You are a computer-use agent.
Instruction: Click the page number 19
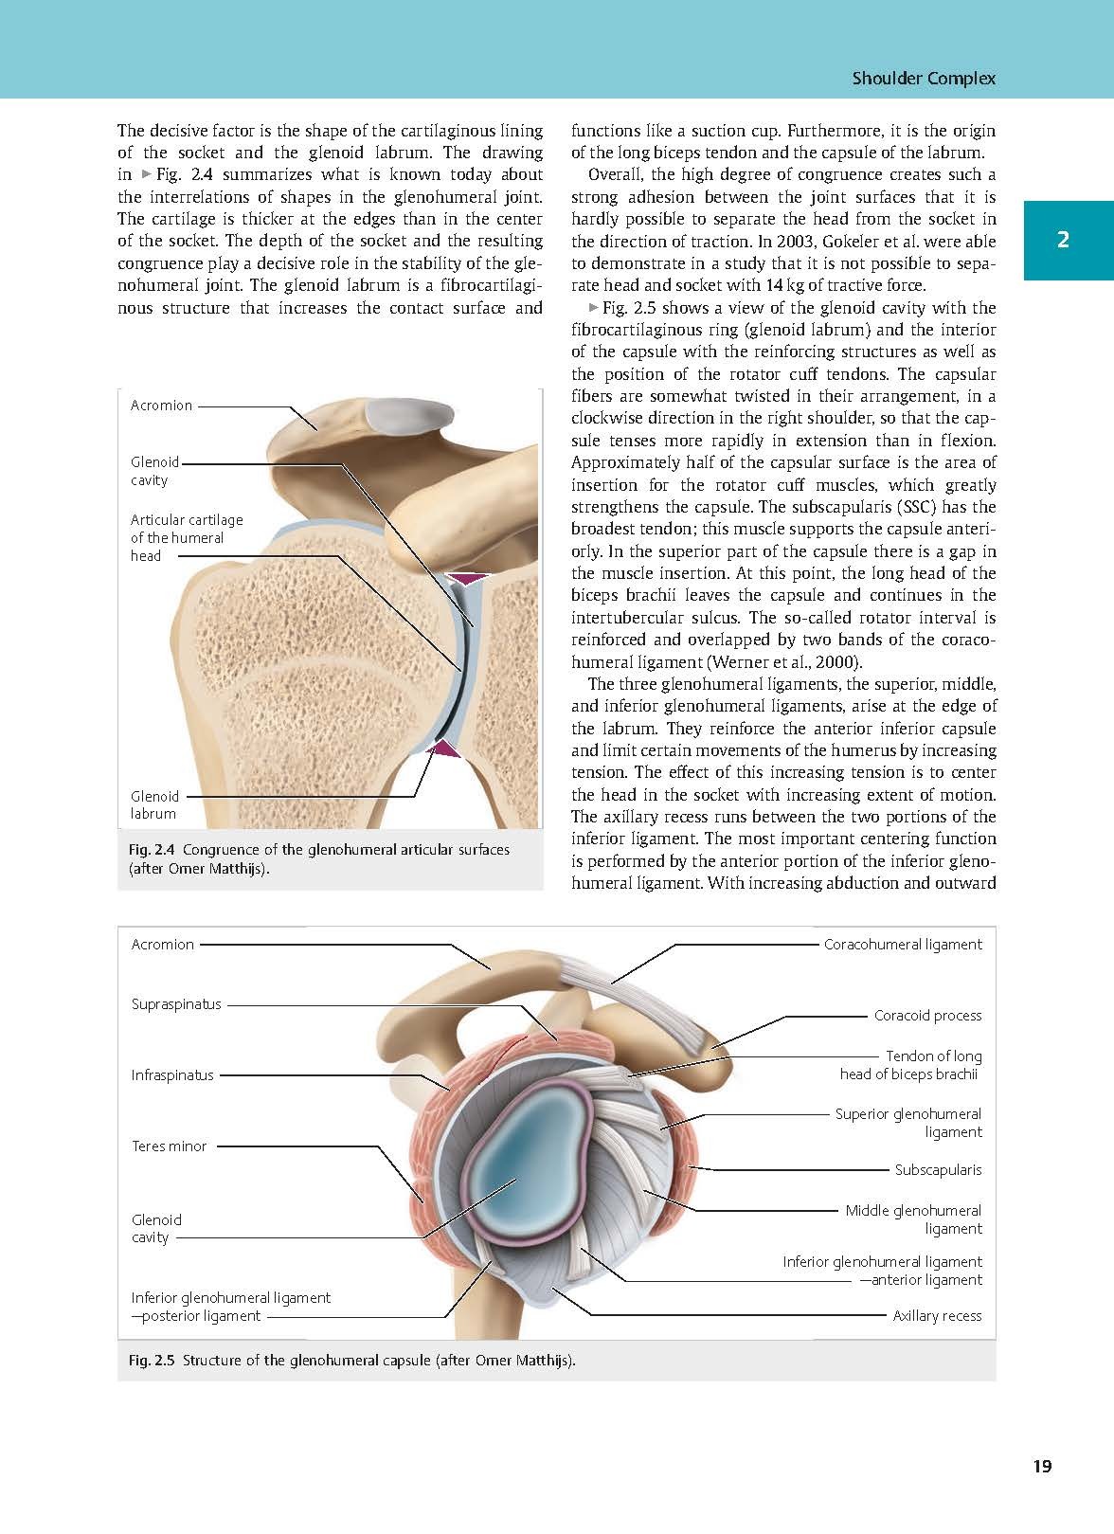tap(1042, 1467)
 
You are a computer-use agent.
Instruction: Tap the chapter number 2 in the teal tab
tap(1063, 240)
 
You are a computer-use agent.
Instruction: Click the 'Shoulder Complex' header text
tap(924, 79)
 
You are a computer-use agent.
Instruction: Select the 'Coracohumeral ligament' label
tap(903, 945)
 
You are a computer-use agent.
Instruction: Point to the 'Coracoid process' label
tap(927, 1016)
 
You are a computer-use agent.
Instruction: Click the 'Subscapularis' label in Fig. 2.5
tap(938, 1170)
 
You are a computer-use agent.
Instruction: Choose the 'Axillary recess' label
tap(937, 1316)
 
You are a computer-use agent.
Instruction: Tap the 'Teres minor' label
tap(169, 1146)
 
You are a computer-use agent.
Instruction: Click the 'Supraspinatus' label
tap(176, 1004)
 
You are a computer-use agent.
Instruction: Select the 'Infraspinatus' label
tap(172, 1075)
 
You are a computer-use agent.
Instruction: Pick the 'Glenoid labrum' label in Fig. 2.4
tap(154, 805)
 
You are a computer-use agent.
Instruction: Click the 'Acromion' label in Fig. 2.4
tap(161, 406)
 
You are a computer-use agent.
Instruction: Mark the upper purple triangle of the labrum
tap(470, 579)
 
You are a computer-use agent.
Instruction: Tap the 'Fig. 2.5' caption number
tap(152, 1361)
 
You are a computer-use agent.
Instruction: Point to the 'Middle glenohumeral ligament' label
tap(913, 1219)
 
